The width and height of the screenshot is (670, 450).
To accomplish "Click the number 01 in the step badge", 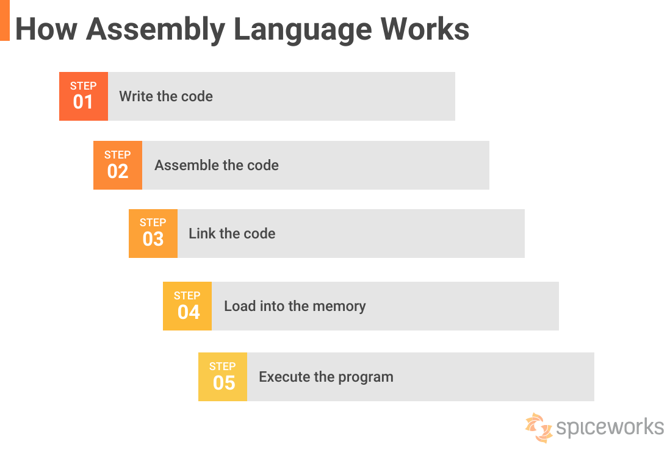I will pyautogui.click(x=83, y=102).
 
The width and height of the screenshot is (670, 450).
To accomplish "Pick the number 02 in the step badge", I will pyautogui.click(x=118, y=171).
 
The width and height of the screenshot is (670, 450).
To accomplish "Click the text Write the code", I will pyautogui.click(x=166, y=96).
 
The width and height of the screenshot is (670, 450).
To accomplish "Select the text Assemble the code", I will pyautogui.click(x=217, y=165).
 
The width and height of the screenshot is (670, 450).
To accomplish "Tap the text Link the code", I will pyautogui.click(x=232, y=234).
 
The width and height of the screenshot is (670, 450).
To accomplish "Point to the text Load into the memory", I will pyautogui.click(x=295, y=306).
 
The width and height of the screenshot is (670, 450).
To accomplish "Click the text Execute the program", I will pyautogui.click(x=326, y=377).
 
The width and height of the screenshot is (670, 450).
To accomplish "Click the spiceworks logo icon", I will pyautogui.click(x=539, y=427).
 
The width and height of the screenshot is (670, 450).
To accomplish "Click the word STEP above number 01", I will pyautogui.click(x=83, y=86).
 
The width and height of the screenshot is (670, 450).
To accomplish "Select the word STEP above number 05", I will pyautogui.click(x=222, y=366).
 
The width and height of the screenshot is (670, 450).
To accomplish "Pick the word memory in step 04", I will pyautogui.click(x=340, y=306).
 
